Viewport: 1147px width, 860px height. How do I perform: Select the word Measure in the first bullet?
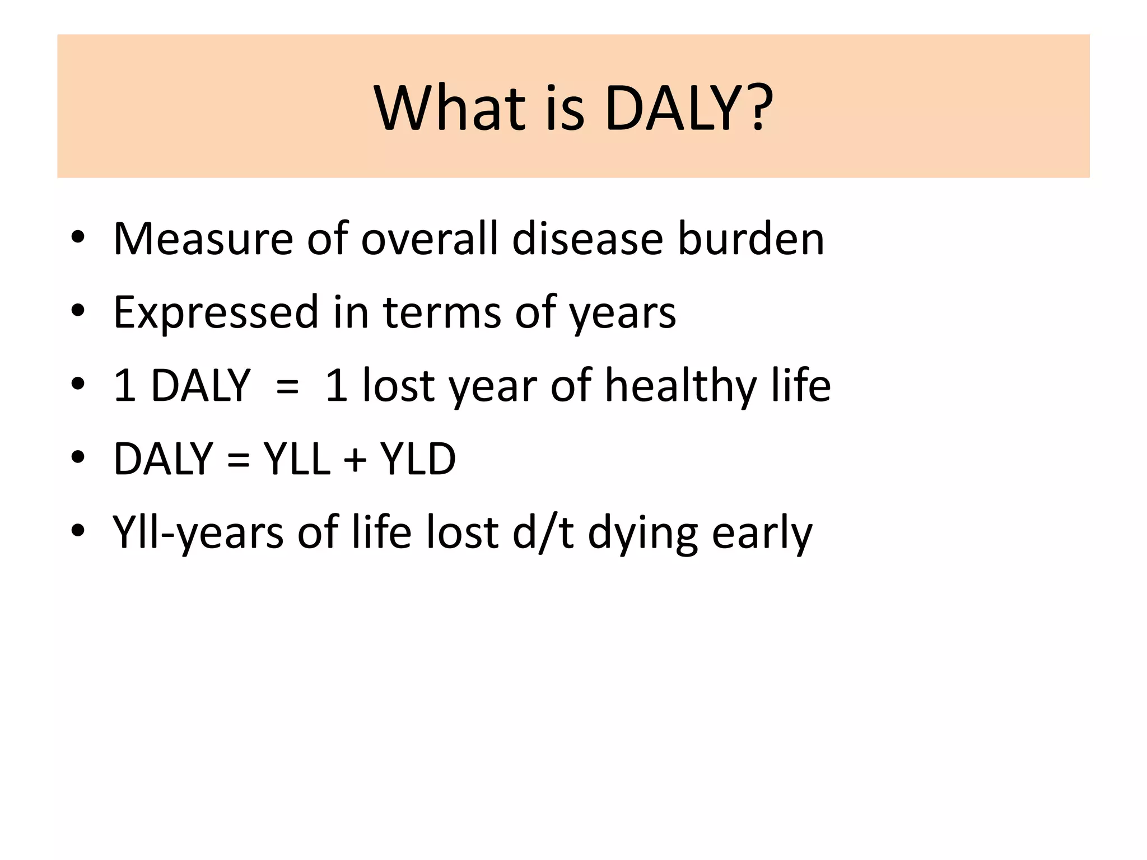pos(203,239)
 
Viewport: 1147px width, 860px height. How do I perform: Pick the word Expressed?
pos(216,312)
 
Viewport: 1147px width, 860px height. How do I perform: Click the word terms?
pos(442,312)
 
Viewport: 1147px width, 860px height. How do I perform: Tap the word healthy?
pos(680,386)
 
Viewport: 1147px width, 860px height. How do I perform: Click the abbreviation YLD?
pos(418,459)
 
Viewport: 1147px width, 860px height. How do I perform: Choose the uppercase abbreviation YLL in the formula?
pos(297,459)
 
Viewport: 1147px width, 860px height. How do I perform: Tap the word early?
pos(762,533)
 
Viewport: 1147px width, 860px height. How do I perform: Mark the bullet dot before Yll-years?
pos(78,531)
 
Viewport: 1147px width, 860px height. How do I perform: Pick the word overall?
pos(430,239)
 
